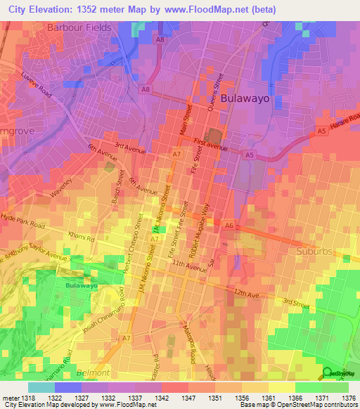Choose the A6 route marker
(229, 225)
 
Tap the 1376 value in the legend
(348, 397)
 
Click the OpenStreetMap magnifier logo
(326, 372)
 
